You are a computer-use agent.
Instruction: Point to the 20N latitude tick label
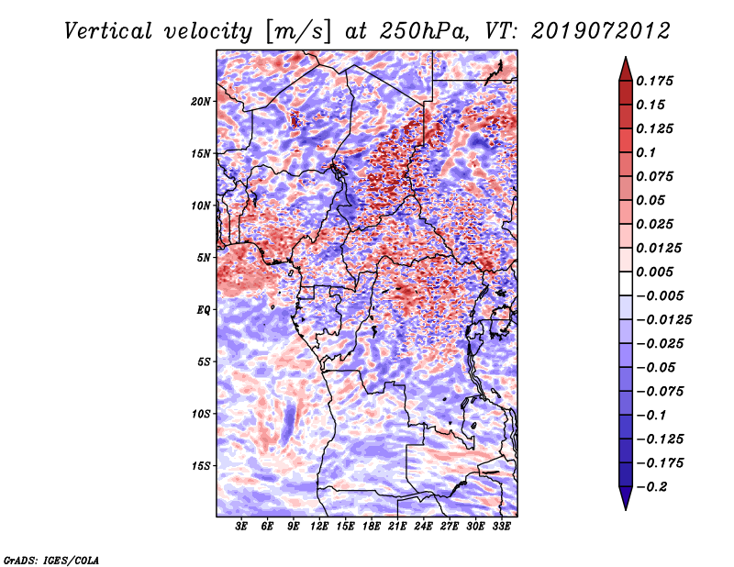point(202,101)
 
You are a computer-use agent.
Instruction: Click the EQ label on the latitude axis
point(205,310)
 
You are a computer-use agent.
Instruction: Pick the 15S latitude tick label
point(202,466)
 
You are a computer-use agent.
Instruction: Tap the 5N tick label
point(205,258)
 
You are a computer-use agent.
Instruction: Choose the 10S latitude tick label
point(202,414)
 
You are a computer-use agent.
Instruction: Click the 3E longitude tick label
point(241,528)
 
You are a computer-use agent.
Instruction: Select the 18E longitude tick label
point(372,528)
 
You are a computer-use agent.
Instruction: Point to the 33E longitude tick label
point(502,528)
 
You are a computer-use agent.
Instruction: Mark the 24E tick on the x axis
point(424,528)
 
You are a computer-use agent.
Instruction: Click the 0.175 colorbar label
point(657,81)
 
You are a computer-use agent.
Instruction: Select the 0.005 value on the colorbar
point(657,272)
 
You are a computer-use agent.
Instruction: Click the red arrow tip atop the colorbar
point(625,67)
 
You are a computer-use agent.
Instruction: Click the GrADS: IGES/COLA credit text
point(50,559)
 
